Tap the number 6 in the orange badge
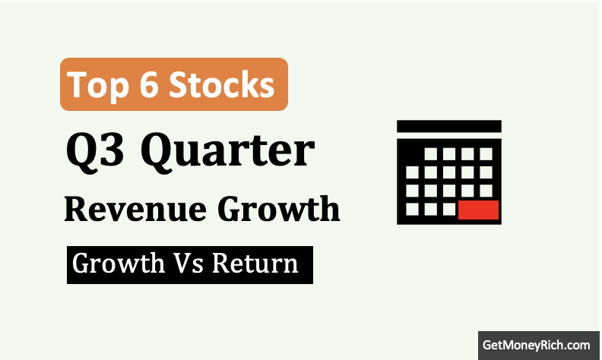click(x=149, y=84)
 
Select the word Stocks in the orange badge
click(x=222, y=84)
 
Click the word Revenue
click(x=135, y=210)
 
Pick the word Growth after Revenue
click(x=279, y=209)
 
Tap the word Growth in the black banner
click(x=119, y=264)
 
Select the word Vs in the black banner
click(x=189, y=264)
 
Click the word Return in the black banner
click(x=255, y=264)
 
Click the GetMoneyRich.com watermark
click(x=537, y=345)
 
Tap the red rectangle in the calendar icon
click(x=478, y=210)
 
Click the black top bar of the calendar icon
click(x=449, y=126)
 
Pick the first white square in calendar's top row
click(x=431, y=154)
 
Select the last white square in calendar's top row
click(x=486, y=154)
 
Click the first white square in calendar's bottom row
click(x=412, y=209)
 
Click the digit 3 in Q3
click(x=112, y=149)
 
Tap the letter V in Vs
click(x=182, y=264)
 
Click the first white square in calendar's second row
click(x=412, y=172)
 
